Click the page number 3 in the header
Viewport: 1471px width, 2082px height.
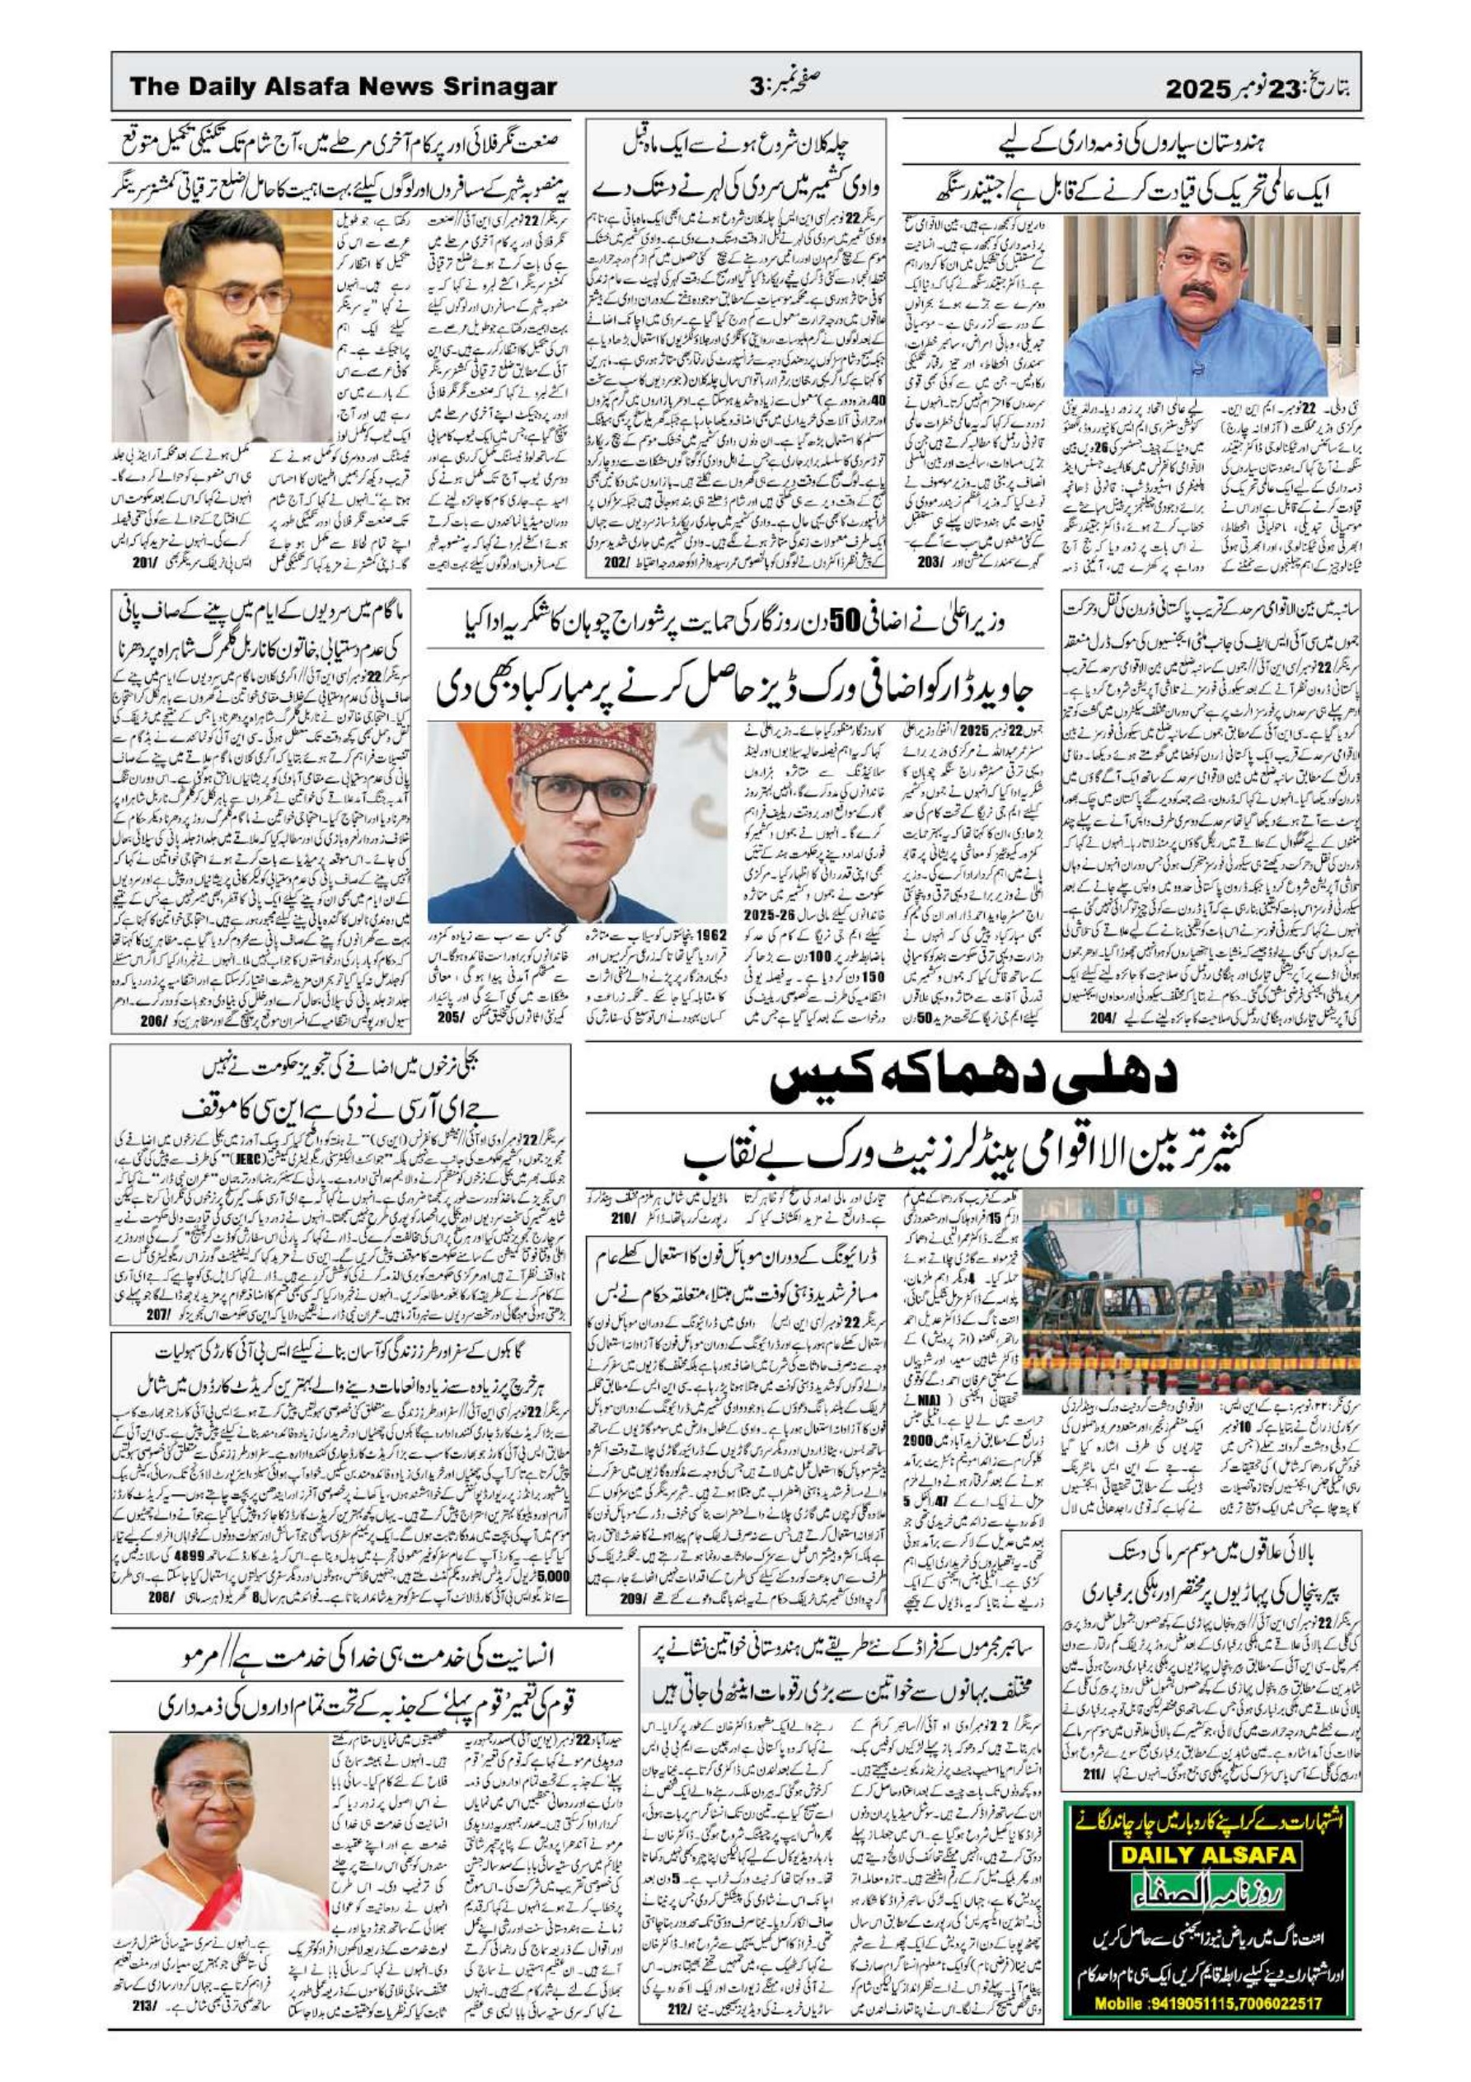pos(755,88)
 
